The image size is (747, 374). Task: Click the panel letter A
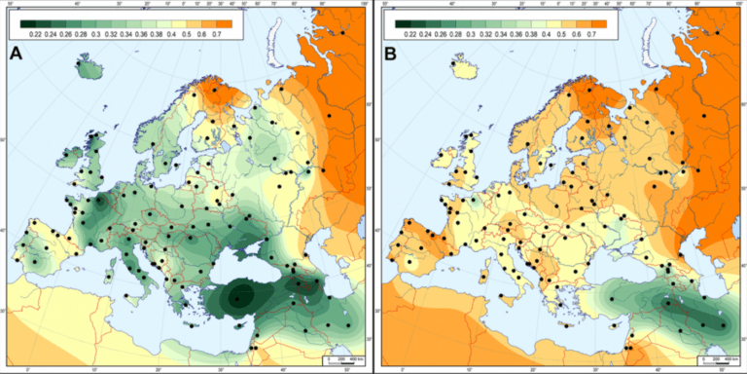16,55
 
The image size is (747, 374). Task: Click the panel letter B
390,55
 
